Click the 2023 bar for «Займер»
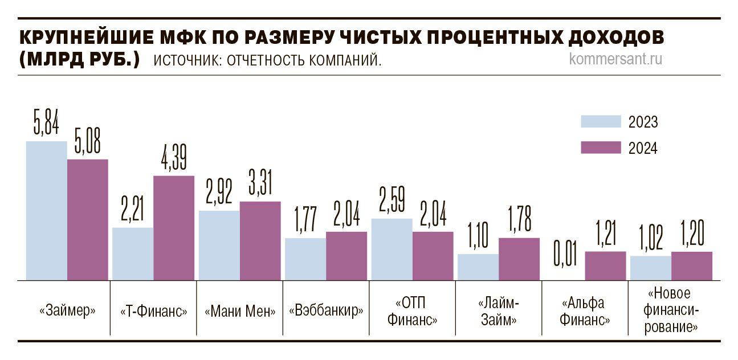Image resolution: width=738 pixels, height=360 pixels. coord(47,211)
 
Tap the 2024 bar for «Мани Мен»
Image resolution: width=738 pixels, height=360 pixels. coord(260,241)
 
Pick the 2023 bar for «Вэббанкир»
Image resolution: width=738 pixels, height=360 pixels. coord(305,259)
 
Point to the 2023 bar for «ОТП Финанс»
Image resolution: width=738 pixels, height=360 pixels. coord(392,249)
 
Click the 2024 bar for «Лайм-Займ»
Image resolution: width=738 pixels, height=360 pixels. coord(519,259)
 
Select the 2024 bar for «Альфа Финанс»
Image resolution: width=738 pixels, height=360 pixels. coord(605,266)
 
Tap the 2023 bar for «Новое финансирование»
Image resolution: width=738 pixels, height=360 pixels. coord(650,268)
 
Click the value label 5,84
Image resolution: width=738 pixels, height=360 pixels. coord(47,123)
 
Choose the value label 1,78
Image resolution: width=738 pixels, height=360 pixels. coord(519,219)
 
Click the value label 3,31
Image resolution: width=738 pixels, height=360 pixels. coord(260,183)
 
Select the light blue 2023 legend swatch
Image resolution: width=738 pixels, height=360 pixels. coord(600,122)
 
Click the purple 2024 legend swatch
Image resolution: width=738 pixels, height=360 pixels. coord(600,148)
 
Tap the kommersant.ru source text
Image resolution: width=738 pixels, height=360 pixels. coord(615,59)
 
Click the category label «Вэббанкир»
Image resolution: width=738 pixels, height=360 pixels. coord(327,312)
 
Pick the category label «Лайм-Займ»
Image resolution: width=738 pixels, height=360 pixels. coord(498,311)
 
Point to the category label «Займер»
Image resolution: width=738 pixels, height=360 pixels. coord(67,312)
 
